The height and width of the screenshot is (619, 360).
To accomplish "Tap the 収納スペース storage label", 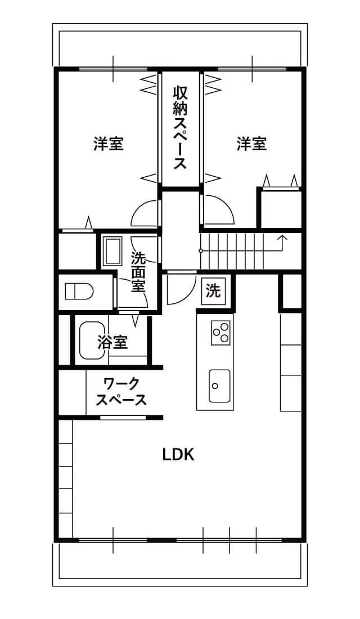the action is (x=179, y=128).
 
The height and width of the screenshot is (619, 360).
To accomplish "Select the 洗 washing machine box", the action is (x=214, y=291).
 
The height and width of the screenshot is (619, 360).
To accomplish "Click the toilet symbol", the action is (x=79, y=291).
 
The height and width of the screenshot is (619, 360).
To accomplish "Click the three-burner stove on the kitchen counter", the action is (x=220, y=333).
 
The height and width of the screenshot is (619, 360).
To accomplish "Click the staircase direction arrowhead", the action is (x=282, y=237).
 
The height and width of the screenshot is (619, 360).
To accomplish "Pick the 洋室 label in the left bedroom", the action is (x=109, y=143).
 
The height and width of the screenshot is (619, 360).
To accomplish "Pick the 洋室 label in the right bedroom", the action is (x=252, y=143).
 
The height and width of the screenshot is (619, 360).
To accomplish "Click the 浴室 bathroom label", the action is (x=113, y=342).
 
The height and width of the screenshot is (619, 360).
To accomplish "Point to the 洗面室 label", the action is (x=138, y=272).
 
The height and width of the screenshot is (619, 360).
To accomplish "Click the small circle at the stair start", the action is (x=200, y=250).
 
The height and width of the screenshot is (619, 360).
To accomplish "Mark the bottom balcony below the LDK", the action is (x=179, y=564).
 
